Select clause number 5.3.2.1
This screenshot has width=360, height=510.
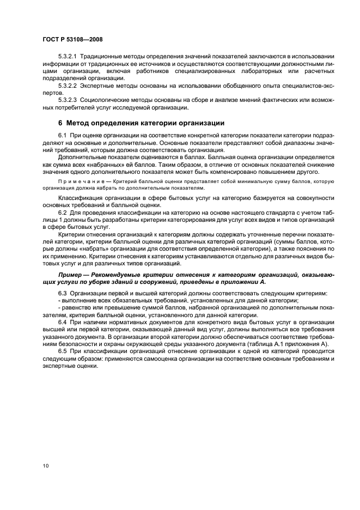tap(68, 57)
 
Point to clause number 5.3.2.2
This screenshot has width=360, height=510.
tap(68, 86)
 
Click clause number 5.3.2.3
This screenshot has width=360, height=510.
tap(68, 100)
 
